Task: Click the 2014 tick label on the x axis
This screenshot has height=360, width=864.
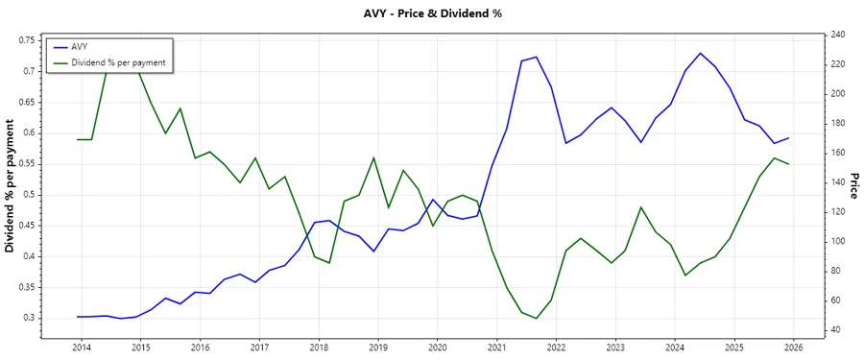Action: [81, 347]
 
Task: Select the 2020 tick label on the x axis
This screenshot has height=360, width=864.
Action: [437, 347]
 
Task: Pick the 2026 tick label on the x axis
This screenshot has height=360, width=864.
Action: [793, 347]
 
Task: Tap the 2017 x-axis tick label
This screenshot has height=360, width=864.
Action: [259, 347]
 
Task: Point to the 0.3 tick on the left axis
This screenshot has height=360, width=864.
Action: [29, 318]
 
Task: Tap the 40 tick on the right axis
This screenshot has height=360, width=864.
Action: [836, 330]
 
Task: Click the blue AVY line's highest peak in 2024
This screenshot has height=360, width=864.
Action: [700, 53]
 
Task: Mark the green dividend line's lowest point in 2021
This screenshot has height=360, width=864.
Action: [537, 319]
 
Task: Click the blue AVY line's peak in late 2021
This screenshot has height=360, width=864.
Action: [537, 57]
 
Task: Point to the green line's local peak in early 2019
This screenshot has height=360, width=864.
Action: [373, 157]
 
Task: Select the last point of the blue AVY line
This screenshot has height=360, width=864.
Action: [789, 138]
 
